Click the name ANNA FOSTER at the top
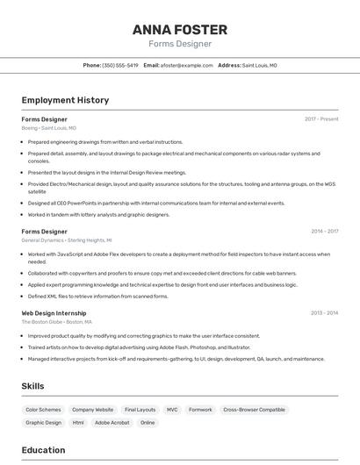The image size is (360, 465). (180, 30)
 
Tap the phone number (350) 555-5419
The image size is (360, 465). (120, 65)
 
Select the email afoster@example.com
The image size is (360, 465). (188, 65)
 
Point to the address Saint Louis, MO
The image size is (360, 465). (259, 65)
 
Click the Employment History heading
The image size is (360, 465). (65, 100)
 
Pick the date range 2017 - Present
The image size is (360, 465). (321, 118)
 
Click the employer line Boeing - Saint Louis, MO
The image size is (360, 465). (49, 128)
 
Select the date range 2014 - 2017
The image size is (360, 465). (324, 232)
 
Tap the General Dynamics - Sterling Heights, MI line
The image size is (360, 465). (67, 240)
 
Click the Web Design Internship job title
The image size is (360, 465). (54, 312)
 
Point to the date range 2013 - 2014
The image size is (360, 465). (324, 312)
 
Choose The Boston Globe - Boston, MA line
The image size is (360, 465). (57, 322)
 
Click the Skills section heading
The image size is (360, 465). (33, 386)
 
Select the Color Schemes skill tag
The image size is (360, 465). (44, 410)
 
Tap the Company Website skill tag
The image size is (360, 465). (92, 410)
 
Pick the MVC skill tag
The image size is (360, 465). (172, 410)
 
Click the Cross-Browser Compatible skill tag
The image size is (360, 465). (254, 410)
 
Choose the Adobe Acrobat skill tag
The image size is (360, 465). (112, 423)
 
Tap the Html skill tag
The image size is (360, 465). (78, 423)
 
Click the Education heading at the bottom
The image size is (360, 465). (43, 450)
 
